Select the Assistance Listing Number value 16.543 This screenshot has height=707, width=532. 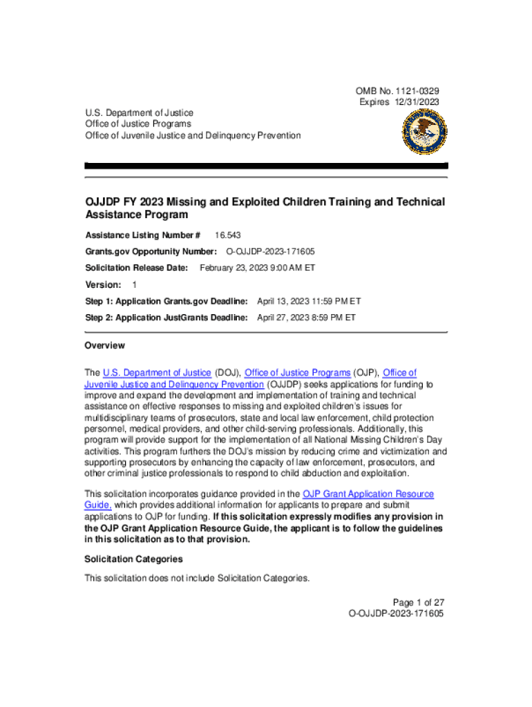pos(227,235)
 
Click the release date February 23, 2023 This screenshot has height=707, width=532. pos(257,268)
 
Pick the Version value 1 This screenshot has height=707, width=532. pos(134,284)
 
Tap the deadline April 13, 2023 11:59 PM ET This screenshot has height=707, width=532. pos(309,301)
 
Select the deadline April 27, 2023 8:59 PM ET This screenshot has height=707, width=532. pos(306,318)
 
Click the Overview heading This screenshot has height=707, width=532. pos(104,345)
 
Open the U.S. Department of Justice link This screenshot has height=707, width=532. pos(157,373)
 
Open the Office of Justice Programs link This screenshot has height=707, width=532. pos(298,373)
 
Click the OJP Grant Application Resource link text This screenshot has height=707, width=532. pos(368,494)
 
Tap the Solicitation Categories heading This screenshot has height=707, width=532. pos(133,559)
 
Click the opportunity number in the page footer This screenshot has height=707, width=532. pos(396,613)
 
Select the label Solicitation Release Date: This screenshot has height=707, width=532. pos(137,268)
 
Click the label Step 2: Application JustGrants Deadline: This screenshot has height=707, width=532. pos(167,318)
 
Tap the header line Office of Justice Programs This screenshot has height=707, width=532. pos(138,124)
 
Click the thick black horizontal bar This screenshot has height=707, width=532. pos(266,166)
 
